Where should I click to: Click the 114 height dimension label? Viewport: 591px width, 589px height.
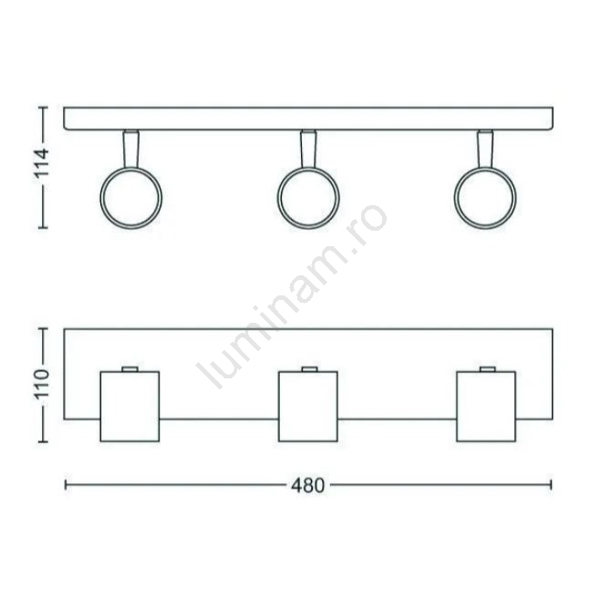(42, 163)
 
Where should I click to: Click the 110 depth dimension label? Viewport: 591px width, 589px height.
(42, 384)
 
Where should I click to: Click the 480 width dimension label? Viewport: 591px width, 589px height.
(307, 486)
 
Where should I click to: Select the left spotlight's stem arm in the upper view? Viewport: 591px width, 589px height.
(130, 149)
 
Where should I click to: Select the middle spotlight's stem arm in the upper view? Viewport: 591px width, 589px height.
(308, 149)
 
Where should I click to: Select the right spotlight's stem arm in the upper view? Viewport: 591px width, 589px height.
(485, 149)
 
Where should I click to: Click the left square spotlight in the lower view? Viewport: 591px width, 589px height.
(130, 407)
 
